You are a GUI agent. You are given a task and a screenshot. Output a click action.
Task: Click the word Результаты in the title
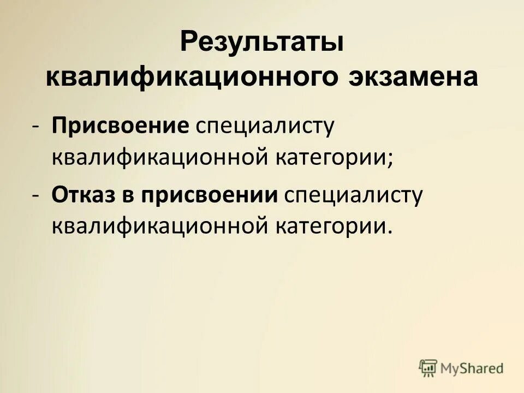click(261, 43)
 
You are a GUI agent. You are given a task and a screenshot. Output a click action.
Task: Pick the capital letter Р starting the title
click(188, 43)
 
